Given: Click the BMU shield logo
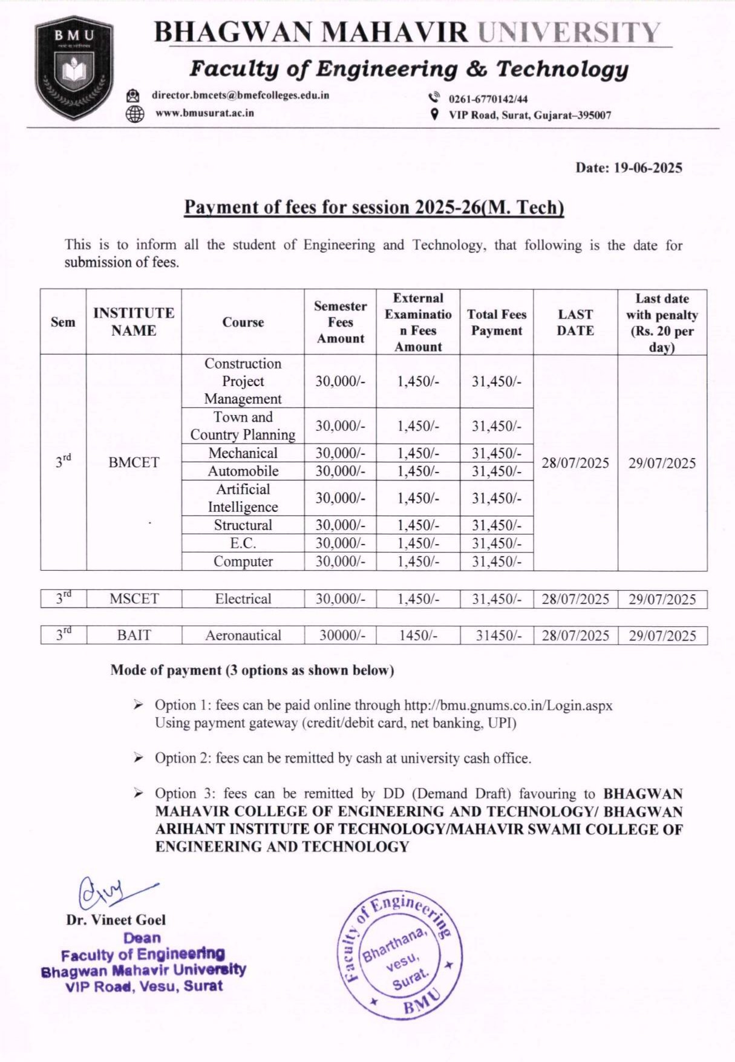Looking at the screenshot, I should point(74,68).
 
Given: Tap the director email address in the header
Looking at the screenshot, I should point(240,95).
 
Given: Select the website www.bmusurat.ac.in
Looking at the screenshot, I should point(204,113).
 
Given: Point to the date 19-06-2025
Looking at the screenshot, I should point(648,168).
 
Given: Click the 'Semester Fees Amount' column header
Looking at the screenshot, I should point(340,322).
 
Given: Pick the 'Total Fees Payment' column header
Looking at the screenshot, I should point(496,322).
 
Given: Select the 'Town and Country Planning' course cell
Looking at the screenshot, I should point(243,425).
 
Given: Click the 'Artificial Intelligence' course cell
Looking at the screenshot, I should point(243,498).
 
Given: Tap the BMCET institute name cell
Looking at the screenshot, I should point(134,462).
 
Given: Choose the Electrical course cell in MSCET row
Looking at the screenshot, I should point(243,598).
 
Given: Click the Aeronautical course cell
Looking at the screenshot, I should point(243,635).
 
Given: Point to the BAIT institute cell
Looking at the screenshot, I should point(134,635).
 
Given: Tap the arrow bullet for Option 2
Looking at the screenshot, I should point(139,758).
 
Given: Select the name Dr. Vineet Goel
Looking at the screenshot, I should point(116,920).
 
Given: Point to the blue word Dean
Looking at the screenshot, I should point(142,938).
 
